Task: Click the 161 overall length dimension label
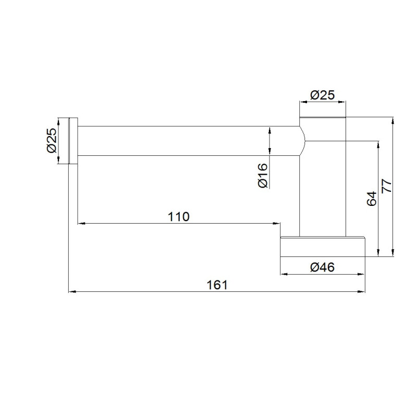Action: [x=217, y=285]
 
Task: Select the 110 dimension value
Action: [x=178, y=217]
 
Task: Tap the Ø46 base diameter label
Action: [x=322, y=267]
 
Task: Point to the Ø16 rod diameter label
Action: [x=263, y=175]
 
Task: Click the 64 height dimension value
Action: [x=372, y=199]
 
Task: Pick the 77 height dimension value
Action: [x=387, y=186]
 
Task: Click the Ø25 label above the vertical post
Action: [x=322, y=95]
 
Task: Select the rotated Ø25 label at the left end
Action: [x=52, y=140]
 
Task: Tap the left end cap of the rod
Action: [x=73, y=141]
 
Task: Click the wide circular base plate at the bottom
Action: [x=323, y=247]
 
